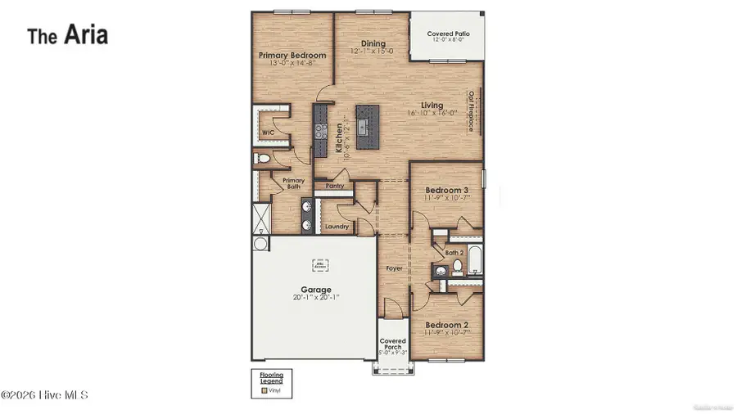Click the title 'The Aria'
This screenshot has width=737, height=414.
68,35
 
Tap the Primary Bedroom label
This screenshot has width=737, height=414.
292,56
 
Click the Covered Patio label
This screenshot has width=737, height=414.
448,34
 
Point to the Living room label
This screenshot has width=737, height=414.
432,106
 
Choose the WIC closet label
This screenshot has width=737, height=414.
268,133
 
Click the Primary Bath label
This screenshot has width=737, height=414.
292,184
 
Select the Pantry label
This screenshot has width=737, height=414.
334,187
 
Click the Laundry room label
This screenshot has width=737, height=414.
337,227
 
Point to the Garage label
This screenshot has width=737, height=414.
315,290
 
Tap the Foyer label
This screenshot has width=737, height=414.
394,268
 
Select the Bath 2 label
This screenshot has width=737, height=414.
454,253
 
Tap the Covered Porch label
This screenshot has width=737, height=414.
392,344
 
